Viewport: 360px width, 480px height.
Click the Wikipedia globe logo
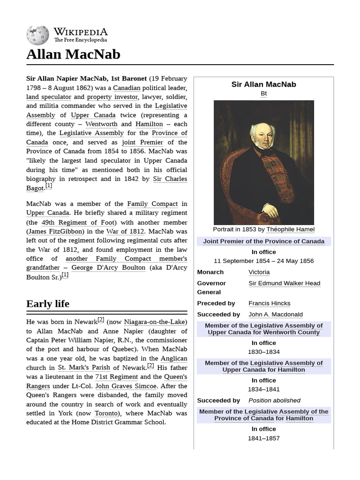point(37,35)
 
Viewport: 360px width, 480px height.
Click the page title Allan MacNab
point(73,54)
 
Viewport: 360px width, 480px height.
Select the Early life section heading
point(48,304)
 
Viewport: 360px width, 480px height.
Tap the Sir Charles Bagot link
point(170,179)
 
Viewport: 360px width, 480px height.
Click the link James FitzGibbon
point(56,231)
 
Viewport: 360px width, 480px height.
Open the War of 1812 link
point(126,231)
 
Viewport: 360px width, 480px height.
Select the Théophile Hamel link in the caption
point(290,229)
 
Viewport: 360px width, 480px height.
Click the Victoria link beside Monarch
point(259,272)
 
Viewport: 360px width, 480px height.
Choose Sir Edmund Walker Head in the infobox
point(284,283)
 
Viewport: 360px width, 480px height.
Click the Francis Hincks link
point(269,303)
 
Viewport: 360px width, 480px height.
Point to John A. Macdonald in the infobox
point(275,314)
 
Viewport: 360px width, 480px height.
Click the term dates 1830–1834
point(263,352)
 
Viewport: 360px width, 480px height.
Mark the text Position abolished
point(274,400)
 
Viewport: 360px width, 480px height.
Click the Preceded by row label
point(216,303)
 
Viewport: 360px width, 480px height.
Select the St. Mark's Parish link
point(84,367)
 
